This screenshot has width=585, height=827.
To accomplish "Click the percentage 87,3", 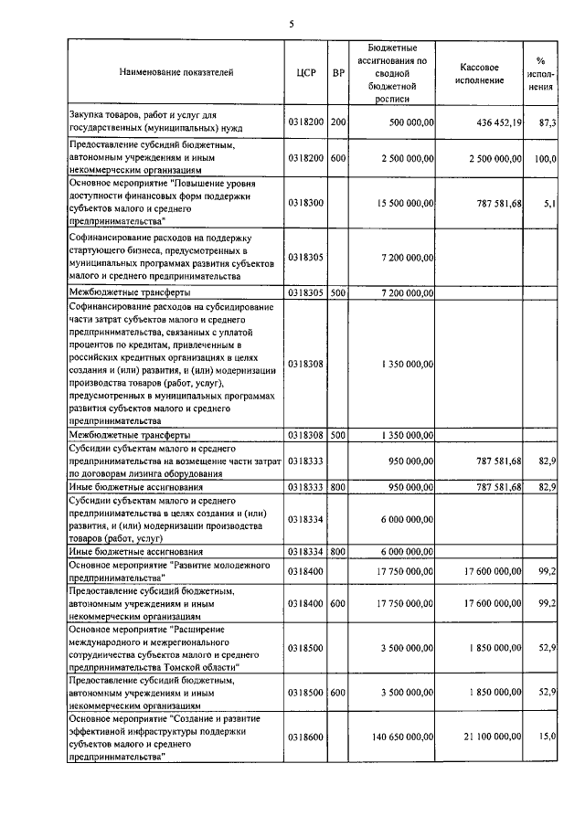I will [x=548, y=122].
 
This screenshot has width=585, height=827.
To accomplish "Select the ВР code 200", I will [x=338, y=122].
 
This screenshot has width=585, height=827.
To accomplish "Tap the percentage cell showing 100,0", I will [x=546, y=158].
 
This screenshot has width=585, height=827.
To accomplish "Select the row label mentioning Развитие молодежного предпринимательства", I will [x=169, y=572].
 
